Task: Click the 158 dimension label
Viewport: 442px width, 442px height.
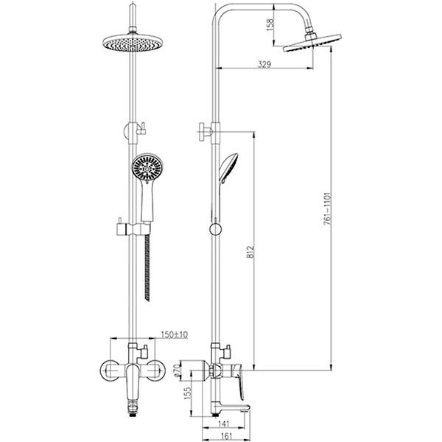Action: point(270,25)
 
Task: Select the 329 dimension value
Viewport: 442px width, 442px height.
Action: point(264,64)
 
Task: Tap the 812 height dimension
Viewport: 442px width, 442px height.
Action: point(250,251)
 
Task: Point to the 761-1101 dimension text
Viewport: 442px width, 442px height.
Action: point(327,208)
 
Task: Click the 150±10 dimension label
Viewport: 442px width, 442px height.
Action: point(174,334)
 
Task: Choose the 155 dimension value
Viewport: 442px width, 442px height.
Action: point(187,393)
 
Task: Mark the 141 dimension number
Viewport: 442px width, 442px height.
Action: point(224,424)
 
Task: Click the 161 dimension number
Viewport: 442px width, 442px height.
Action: point(226,436)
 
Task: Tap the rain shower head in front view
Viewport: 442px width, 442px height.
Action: point(133,43)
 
